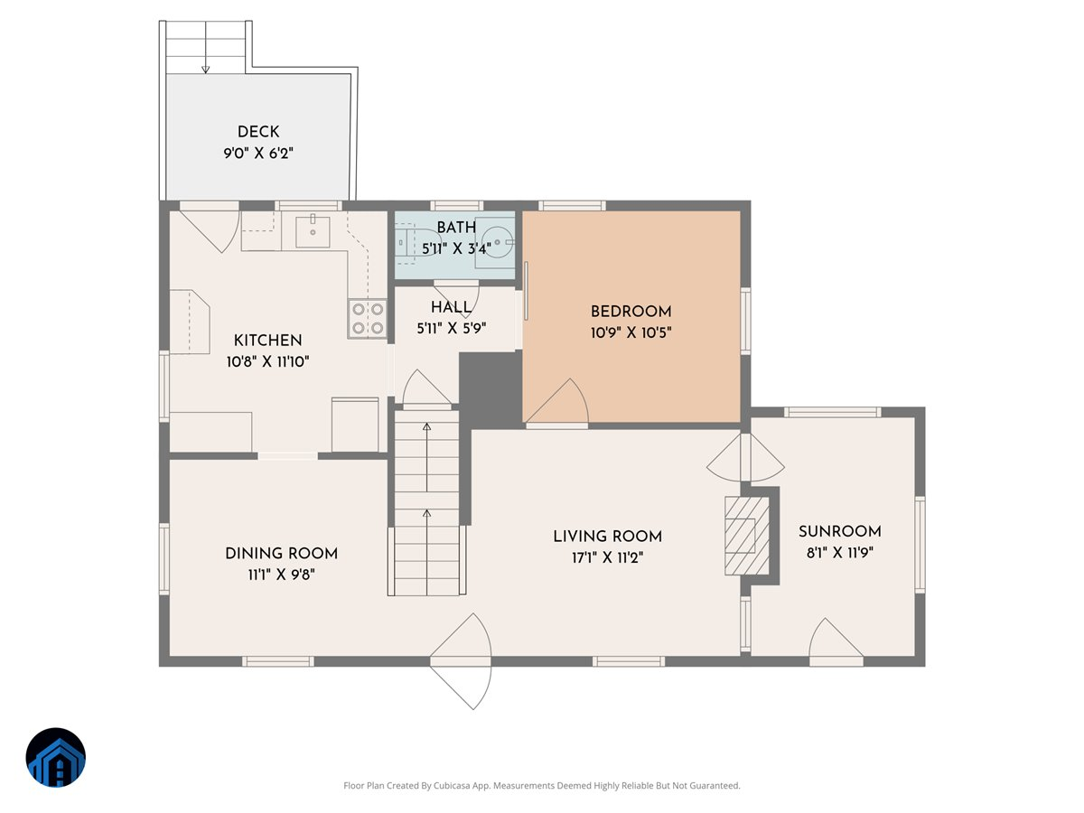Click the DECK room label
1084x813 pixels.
pyautogui.click(x=258, y=133)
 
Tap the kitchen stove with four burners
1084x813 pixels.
pyautogui.click(x=368, y=319)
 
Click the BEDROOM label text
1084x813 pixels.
pyautogui.click(x=631, y=312)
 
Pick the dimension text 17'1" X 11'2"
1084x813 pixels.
pyautogui.click(x=607, y=557)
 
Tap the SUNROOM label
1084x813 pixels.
pyautogui.click(x=839, y=531)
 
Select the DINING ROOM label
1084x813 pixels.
pyautogui.click(x=281, y=554)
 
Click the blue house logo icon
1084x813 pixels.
pyautogui.click(x=55, y=758)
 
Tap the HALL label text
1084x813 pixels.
pyautogui.click(x=451, y=308)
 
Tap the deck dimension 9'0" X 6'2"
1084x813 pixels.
pyautogui.click(x=258, y=154)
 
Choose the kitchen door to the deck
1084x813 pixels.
pyautogui.click(x=210, y=226)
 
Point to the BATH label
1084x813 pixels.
pyautogui.click(x=456, y=228)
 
